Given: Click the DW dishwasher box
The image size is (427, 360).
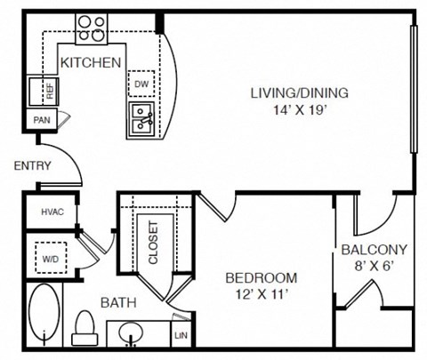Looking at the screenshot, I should pos(141,84).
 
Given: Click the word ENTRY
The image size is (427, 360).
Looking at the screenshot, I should pos(32,165).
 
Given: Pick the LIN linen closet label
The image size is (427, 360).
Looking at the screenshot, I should pos(181,336).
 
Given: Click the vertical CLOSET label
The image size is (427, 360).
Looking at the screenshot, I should pos(153,242).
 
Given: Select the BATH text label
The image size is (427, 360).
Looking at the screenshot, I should pos(117,302).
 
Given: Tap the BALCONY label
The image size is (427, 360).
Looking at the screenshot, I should pos(374,250).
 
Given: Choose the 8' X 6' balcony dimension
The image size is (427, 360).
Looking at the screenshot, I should pos(374,266).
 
